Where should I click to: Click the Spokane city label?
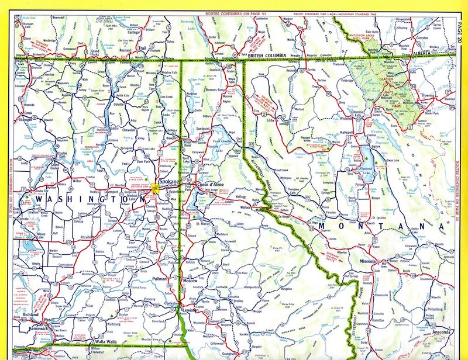click(x=160, y=181)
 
